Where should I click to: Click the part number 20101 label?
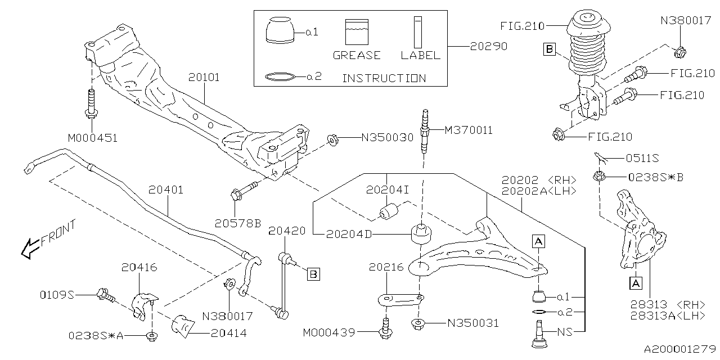[204, 77]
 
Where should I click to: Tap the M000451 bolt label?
[93, 138]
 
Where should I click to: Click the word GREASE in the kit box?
[357, 55]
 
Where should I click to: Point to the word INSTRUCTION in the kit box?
[384, 78]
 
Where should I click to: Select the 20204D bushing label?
[349, 234]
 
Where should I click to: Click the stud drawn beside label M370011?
[424, 135]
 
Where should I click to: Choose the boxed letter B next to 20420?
[313, 274]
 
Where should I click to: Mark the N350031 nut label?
[472, 323]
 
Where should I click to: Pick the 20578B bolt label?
[237, 223]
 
